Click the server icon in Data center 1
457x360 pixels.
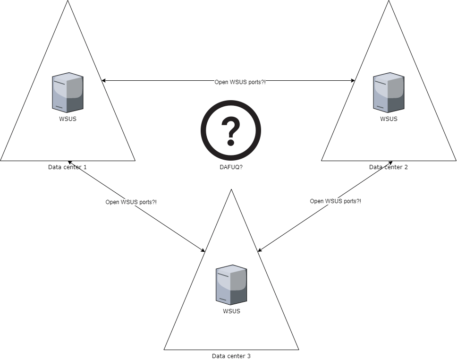point(68,92)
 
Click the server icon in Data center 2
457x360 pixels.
point(389,92)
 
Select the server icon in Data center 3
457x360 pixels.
point(231,284)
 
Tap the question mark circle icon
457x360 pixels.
point(231,131)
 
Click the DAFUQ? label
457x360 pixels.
point(231,167)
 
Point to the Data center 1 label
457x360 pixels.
point(68,167)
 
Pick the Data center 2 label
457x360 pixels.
point(389,167)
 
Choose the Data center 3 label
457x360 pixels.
point(231,356)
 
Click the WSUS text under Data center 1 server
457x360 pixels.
point(68,119)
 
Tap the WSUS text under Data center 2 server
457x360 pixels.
point(389,119)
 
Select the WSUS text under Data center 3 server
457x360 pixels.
point(231,311)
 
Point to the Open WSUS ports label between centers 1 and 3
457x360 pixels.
point(131,202)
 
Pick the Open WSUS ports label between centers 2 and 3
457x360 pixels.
point(335,201)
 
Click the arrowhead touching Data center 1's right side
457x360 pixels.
point(104,81)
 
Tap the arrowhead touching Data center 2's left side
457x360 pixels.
point(352,81)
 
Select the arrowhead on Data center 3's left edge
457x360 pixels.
point(203,250)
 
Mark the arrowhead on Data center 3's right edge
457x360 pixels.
point(260,250)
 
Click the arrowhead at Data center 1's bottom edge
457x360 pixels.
point(70,163)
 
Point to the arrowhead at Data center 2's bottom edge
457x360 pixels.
point(390,163)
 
